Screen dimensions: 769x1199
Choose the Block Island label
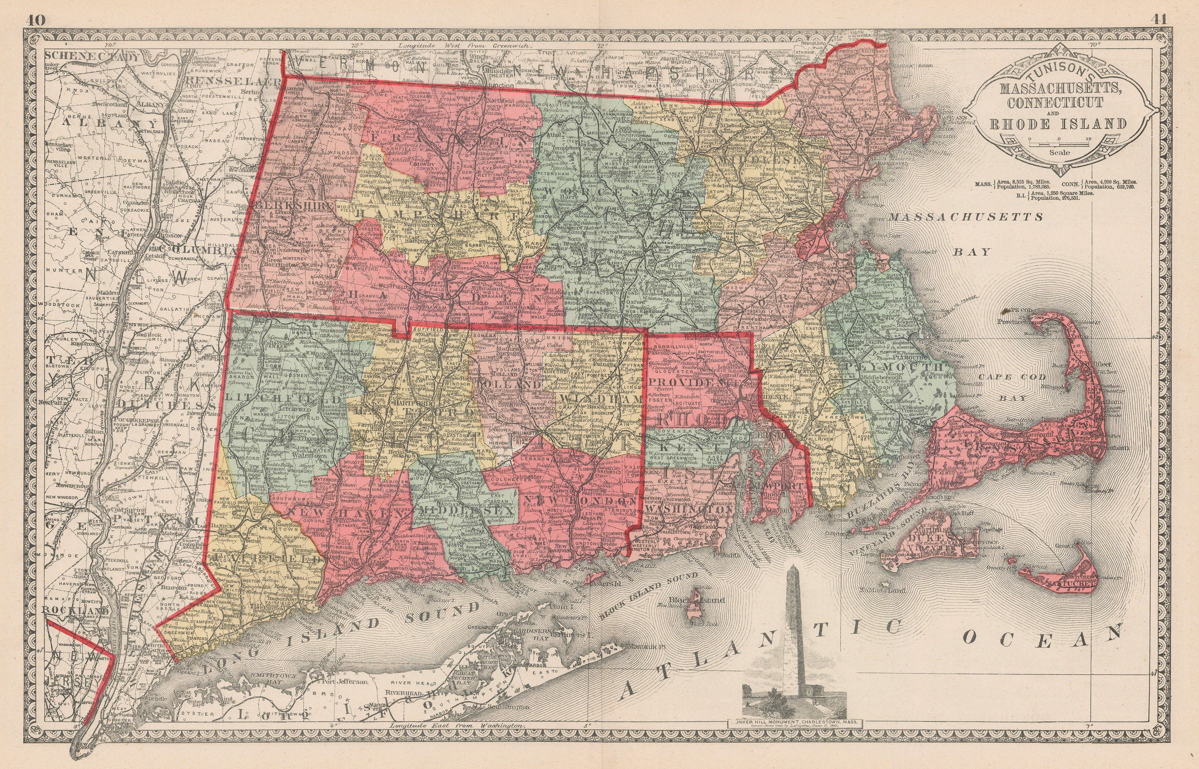click(705, 600)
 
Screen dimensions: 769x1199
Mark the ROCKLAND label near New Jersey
click(75, 610)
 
